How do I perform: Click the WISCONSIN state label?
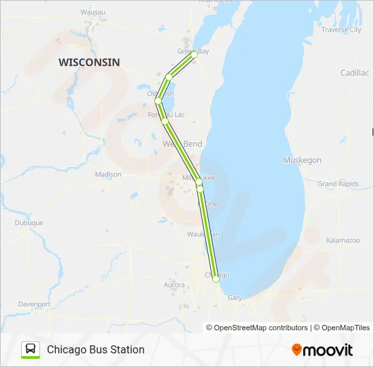click(89, 63)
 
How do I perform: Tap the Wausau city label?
click(92, 12)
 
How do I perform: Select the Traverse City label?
click(341, 30)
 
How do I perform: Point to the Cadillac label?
click(354, 72)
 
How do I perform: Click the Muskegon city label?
click(302, 160)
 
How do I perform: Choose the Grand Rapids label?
click(338, 184)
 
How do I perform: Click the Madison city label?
click(108, 175)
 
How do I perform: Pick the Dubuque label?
click(29, 223)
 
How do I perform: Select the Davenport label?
click(35, 304)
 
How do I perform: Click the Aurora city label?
click(174, 285)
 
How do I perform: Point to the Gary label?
click(235, 298)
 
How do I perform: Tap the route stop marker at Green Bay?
click(194, 54)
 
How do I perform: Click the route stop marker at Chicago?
click(216, 279)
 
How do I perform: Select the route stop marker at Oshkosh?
click(158, 101)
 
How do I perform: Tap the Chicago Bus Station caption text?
click(96, 349)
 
